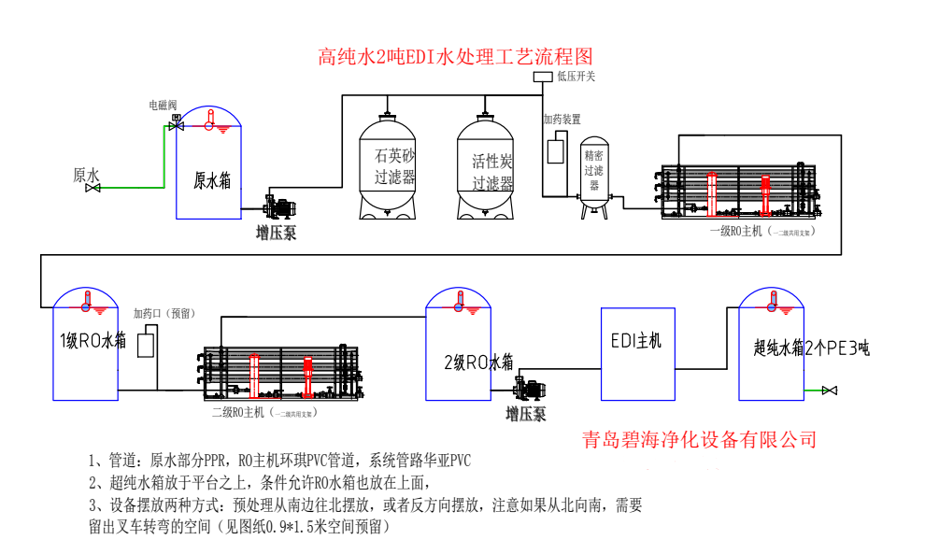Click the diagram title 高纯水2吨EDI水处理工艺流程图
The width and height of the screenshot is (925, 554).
pos(455,57)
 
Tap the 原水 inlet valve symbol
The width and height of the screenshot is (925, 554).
pos(93,188)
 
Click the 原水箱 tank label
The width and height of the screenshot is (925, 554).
pos(211,179)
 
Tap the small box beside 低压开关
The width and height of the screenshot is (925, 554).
pos(542,77)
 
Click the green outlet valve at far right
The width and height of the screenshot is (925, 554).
pos(828,390)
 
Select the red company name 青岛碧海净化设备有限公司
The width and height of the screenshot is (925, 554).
pos(698,438)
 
